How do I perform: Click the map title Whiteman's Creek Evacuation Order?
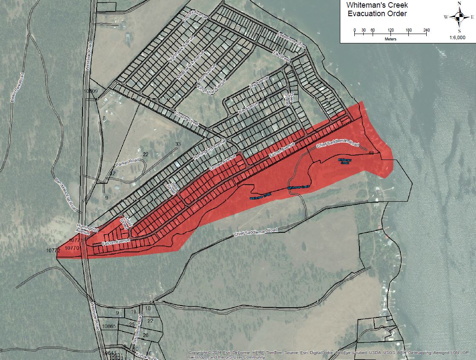tap(377, 10)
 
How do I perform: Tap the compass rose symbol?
tap(459, 17)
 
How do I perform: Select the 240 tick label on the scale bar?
tap(426, 30)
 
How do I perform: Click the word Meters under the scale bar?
tap(390, 39)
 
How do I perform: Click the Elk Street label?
tap(282, 57)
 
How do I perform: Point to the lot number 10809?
tap(91, 91)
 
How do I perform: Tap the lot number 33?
tap(178, 144)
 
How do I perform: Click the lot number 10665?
tap(109, 326)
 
